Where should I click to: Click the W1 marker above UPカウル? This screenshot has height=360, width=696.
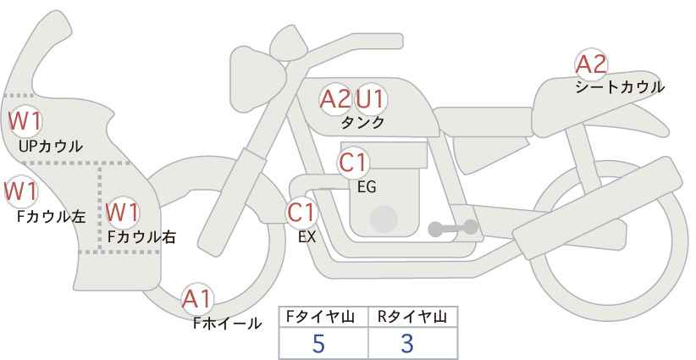coord(25,121)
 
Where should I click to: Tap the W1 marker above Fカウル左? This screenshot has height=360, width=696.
coord(21,191)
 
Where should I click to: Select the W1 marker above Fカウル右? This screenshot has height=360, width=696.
coord(123,212)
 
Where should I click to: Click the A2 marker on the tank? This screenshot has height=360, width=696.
coord(335,99)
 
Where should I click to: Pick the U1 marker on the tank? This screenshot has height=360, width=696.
coord(371,99)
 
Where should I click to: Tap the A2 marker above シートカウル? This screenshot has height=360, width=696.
coord(591,64)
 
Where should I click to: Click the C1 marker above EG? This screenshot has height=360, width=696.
coord(353,163)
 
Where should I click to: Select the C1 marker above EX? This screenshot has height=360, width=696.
coord(301,212)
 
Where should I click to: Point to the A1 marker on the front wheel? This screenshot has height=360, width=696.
coord(197,299)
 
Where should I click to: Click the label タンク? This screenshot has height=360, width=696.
coord(362,122)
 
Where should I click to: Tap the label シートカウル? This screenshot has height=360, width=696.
coord(620,87)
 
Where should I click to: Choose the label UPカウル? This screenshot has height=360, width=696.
coord(50,146)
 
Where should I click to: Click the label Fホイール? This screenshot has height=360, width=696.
coord(227,324)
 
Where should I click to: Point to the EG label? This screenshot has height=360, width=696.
coord(367,187)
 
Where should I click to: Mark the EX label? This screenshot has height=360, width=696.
coord(307,237)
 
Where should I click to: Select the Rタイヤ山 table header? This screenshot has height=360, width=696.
coord(412,317)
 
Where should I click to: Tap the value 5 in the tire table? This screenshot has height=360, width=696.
coord(318,343)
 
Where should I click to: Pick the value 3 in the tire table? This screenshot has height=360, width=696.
coord(407,343)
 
